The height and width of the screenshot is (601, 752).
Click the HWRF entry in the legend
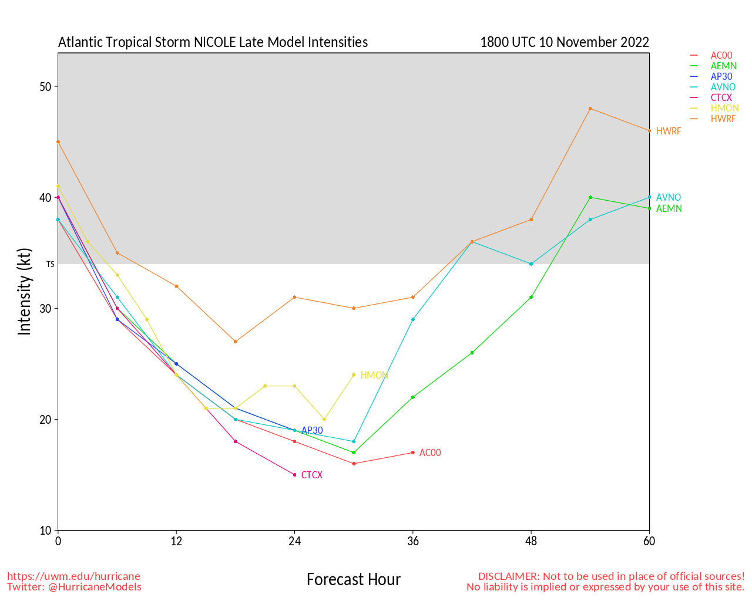click(723, 119)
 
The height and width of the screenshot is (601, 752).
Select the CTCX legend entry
click(721, 97)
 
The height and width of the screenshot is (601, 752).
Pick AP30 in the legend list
click(721, 76)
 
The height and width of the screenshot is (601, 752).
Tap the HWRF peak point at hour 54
click(590, 109)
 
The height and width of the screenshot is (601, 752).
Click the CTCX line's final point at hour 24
click(294, 475)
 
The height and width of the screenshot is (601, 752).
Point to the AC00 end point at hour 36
click(413, 453)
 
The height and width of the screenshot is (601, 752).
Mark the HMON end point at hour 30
click(354, 375)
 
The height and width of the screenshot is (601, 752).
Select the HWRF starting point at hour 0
click(58, 141)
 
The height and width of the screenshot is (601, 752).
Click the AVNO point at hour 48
click(531, 264)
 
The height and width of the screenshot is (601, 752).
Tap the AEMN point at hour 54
click(590, 197)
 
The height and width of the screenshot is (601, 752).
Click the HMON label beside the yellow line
click(374, 375)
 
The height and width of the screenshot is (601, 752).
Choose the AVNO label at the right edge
click(669, 198)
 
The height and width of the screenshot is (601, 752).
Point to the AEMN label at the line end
click(669, 209)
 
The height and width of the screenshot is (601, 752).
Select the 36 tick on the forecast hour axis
click(413, 541)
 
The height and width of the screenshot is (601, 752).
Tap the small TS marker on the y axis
click(50, 264)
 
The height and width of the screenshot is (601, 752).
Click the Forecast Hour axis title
click(353, 580)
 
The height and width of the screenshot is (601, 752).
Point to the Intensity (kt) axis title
click(24, 292)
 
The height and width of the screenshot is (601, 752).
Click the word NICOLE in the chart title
click(216, 42)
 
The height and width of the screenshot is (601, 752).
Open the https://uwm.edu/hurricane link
click(73, 576)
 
